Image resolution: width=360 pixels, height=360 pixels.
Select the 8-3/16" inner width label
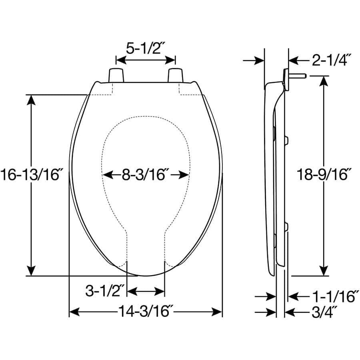[146, 175]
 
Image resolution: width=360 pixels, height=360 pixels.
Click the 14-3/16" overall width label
[146, 312]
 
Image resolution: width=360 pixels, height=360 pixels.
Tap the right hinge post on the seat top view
[175, 75]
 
